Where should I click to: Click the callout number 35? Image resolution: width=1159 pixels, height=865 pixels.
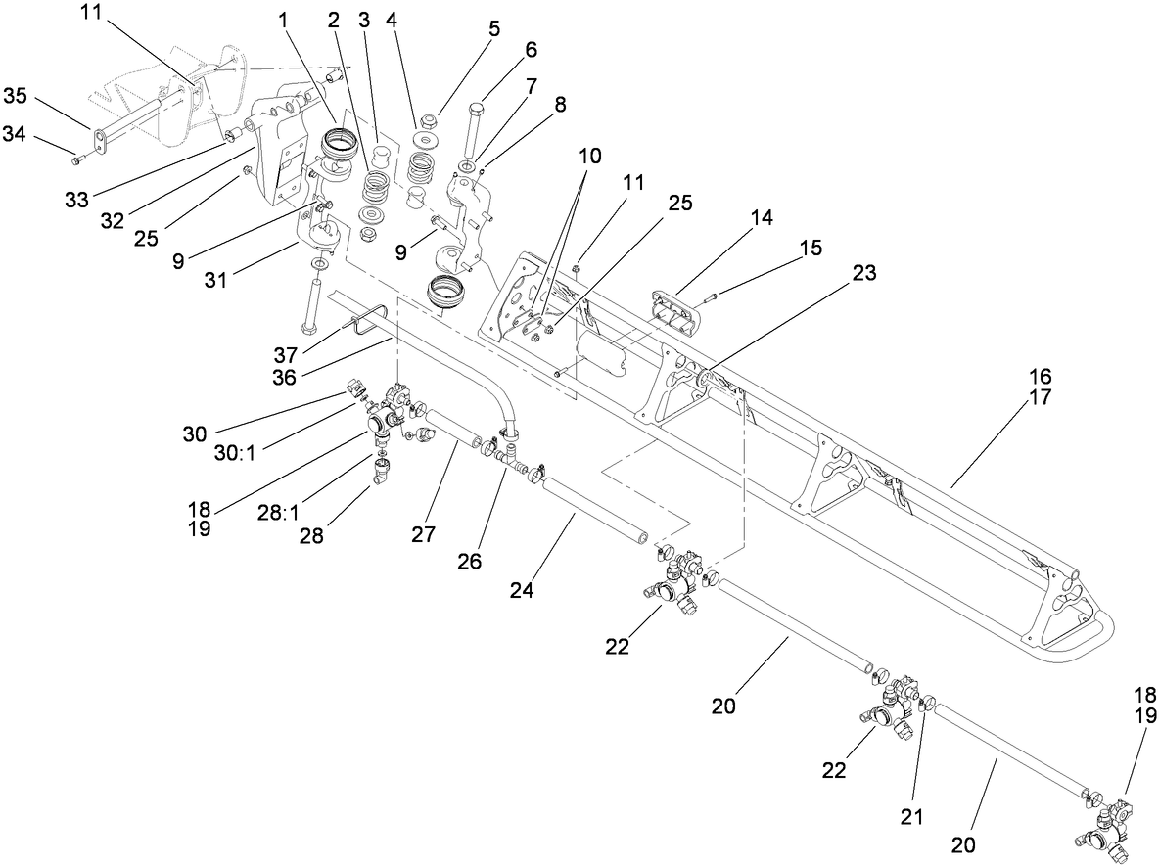click(x=16, y=95)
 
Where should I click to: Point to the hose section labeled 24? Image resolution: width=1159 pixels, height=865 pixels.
click(x=595, y=505)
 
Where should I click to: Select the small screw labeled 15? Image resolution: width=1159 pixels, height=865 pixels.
click(x=710, y=297)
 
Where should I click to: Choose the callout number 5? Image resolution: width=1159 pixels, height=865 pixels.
click(x=494, y=27)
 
